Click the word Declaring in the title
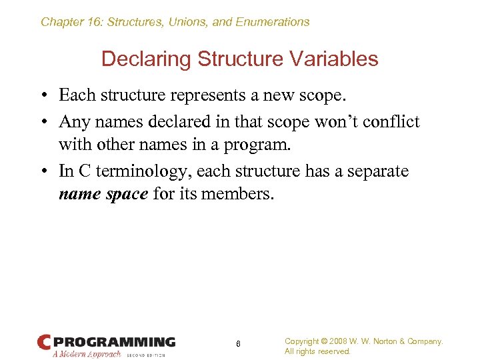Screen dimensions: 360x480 [x=137, y=59]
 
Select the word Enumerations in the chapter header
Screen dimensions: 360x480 [x=269, y=22]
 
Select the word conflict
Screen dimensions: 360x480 [x=389, y=122]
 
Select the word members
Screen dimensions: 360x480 [x=240, y=194]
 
